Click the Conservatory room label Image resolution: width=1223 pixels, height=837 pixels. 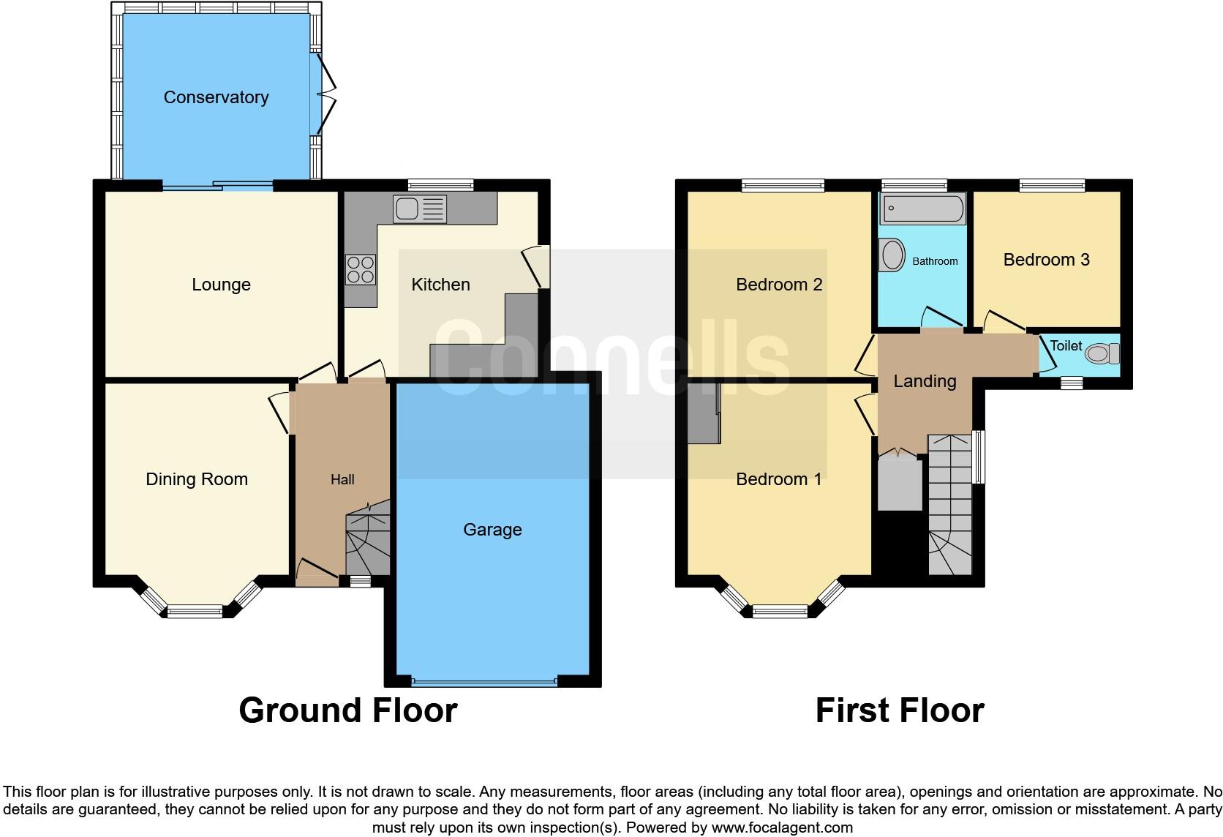coord(216,97)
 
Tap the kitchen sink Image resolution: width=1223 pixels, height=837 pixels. coord(418,209)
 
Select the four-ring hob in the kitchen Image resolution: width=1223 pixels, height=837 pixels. coord(361,269)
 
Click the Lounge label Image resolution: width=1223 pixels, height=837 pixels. coord(221,285)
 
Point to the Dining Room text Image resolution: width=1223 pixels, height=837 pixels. coord(197,479)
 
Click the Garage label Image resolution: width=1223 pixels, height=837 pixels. coord(492,530)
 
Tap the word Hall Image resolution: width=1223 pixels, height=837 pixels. coord(342,480)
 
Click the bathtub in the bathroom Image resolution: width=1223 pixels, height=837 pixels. coord(924,209)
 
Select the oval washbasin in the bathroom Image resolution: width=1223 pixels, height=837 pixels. coord(892,256)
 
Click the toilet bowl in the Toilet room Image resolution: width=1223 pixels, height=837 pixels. coord(1102,354)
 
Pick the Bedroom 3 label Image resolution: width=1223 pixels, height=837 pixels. coord(1046,260)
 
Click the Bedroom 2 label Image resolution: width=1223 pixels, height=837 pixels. coord(779,285)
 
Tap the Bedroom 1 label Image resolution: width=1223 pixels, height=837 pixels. coord(778,479)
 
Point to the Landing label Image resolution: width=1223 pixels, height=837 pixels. coord(925,381)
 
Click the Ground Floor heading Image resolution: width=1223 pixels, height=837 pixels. coord(348,710)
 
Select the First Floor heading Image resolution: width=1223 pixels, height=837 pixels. coord(900,710)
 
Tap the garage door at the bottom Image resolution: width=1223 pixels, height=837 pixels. coord(483,683)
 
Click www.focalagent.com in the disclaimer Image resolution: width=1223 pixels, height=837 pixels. coord(781,828)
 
